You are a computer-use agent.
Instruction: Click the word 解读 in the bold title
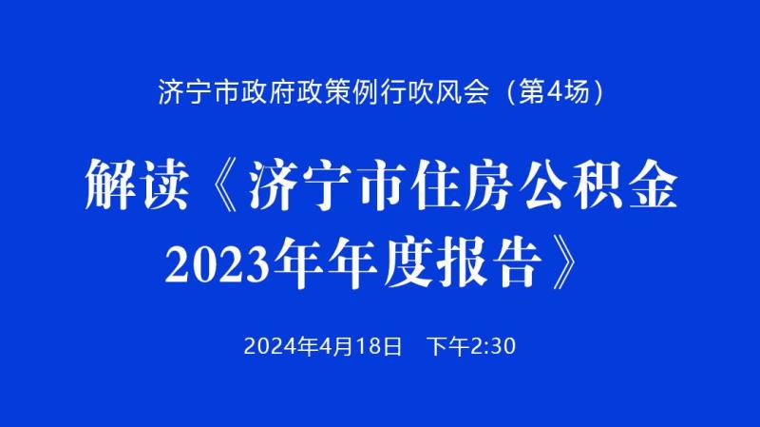[137, 184]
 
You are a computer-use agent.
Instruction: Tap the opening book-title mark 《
[226, 184]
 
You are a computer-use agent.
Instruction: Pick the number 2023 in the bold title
[218, 263]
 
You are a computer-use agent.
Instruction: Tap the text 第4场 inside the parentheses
[554, 90]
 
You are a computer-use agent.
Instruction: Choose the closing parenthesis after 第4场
[598, 91]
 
